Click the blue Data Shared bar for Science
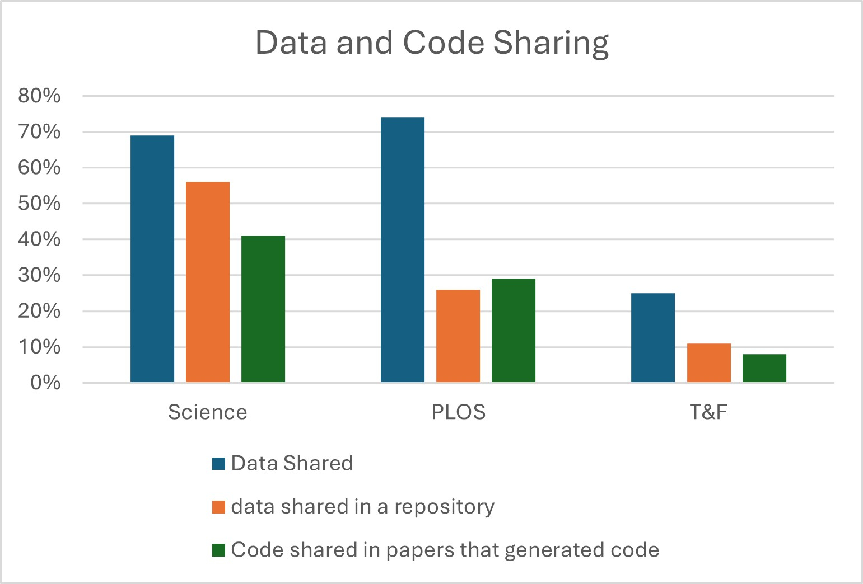tap(152, 259)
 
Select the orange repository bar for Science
tap(208, 282)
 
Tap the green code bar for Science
tap(263, 309)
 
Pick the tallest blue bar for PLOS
tap(403, 250)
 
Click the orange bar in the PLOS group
tap(458, 336)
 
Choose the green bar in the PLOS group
tap(514, 331)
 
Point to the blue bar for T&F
tap(653, 338)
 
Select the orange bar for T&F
tap(709, 362)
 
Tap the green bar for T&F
tap(764, 368)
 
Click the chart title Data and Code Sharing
tap(432, 43)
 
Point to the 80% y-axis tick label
tap(39, 96)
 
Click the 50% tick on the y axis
tap(39, 203)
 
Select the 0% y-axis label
tap(45, 383)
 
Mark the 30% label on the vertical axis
tap(39, 275)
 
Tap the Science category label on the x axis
tap(208, 412)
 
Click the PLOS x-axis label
tap(458, 412)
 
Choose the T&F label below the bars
tap(708, 412)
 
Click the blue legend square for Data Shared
tap(218, 464)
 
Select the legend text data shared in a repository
tap(363, 507)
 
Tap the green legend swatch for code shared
tap(218, 550)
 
